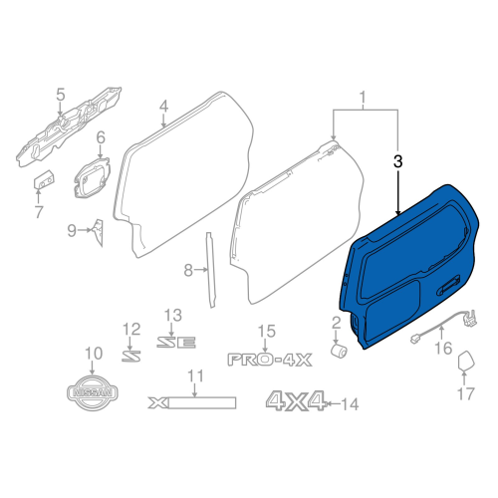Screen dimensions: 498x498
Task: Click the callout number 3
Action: (x=398, y=160)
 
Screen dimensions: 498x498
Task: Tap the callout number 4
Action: (x=163, y=107)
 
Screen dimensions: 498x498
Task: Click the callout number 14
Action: (x=349, y=403)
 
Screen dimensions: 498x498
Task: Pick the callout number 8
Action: (x=187, y=270)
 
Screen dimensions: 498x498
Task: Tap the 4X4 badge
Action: (x=295, y=401)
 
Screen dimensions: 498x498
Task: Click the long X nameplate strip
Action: (x=191, y=402)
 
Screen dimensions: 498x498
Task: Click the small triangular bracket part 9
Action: (x=100, y=230)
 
